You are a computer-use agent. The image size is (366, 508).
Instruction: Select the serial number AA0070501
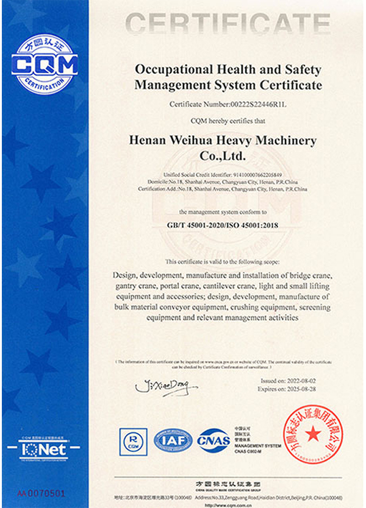pos(41,491)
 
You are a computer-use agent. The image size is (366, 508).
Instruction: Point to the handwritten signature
pos(162,386)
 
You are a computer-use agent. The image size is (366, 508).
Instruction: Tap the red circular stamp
pos(312,434)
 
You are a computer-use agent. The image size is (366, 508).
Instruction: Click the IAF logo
pos(173,440)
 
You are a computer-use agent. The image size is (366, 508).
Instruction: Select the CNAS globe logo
pos(212,440)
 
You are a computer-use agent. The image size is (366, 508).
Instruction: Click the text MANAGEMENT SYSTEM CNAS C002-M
pos(256,449)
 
